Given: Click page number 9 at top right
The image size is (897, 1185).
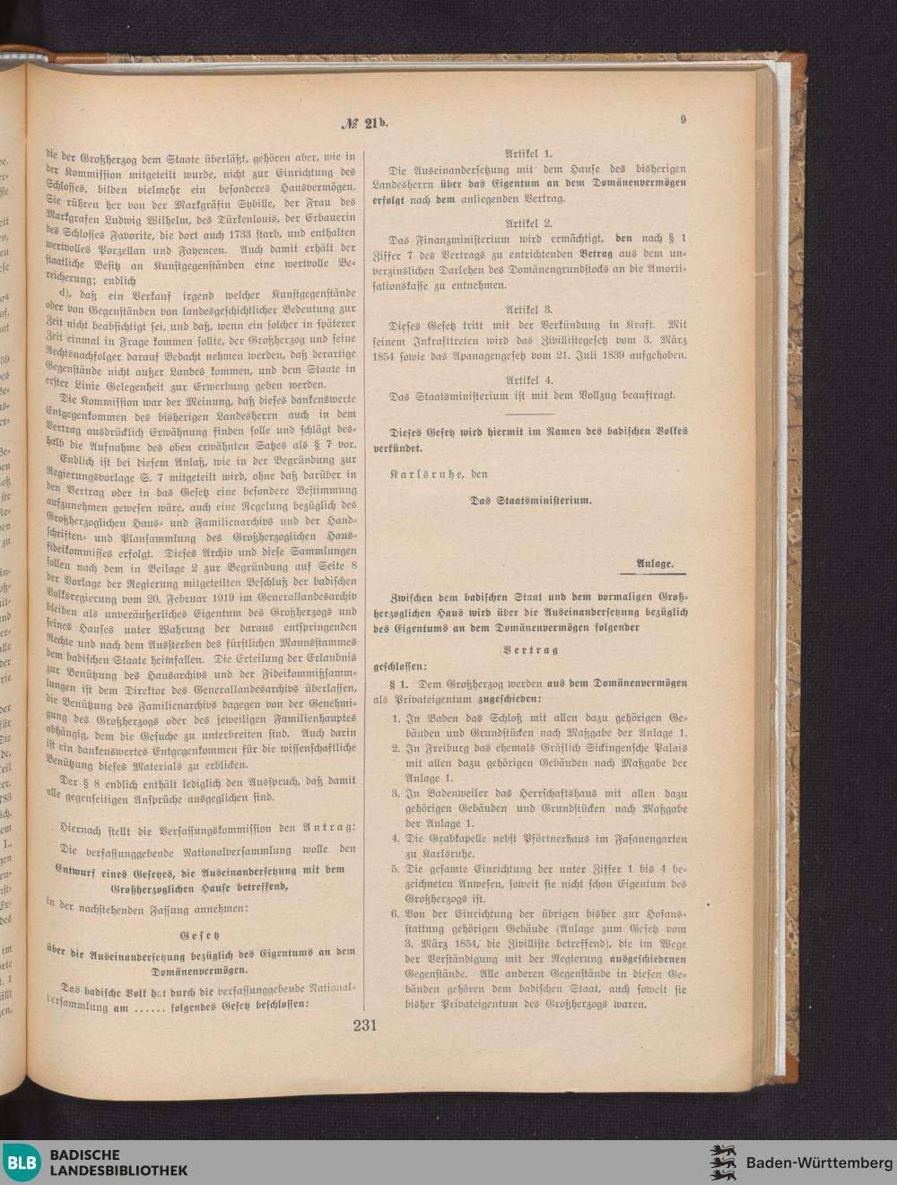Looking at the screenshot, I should [684, 118].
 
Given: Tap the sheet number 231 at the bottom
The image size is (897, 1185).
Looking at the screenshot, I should [364, 1026].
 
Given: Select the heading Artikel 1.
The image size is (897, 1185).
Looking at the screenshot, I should [529, 153].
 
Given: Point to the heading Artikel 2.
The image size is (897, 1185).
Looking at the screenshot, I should [529, 222].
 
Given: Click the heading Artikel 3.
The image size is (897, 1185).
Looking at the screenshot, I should [529, 309].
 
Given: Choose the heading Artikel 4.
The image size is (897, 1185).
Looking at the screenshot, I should [529, 379].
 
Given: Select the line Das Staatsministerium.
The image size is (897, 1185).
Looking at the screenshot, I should [531, 501].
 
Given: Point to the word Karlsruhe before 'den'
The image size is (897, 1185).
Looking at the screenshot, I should [426, 473].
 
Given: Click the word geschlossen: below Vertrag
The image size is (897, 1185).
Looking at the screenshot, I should [400, 667].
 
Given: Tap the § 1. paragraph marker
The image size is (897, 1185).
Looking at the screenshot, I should [400, 684].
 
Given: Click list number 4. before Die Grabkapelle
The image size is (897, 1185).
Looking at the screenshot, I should [396, 839].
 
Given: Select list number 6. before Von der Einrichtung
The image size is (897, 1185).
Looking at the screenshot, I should [396, 914].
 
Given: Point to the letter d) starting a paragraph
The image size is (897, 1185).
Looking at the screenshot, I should [64, 294].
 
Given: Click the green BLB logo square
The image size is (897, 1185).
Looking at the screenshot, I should [22, 1163].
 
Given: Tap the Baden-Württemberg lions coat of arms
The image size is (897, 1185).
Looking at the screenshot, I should [723, 1163].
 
